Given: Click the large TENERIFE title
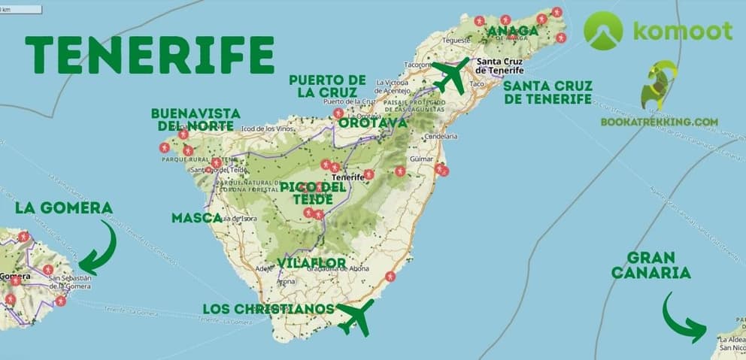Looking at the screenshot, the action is (149, 54).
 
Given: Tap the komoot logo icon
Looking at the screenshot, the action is (603, 31).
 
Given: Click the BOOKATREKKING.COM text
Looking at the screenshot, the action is (659, 122).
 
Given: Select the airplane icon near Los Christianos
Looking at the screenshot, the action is (356, 317).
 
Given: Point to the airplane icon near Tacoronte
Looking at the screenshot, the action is (450, 74).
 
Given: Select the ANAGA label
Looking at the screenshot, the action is (513, 32).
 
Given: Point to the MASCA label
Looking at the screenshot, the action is (196, 218).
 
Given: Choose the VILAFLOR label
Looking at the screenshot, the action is (311, 263).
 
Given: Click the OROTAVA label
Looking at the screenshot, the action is (372, 123).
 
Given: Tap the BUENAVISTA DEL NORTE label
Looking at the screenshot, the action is (196, 119).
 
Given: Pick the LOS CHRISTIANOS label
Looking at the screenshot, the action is (268, 310).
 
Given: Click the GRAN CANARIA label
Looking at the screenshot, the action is (650, 265).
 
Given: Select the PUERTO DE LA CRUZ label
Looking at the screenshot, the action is (327, 86).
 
